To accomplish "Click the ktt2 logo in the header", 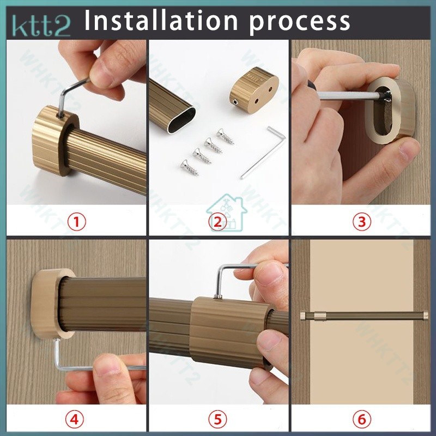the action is (41, 26).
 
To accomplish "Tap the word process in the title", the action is (299, 23).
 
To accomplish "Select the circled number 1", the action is (77, 222).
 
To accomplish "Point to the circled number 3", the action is (362, 222).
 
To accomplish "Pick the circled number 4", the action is (74, 419).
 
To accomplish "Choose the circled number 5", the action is (217, 419).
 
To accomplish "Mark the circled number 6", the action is (361, 419).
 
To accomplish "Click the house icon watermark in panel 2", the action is (227, 213).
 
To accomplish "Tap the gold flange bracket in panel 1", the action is (55, 141).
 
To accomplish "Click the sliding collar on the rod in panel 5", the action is (231, 332).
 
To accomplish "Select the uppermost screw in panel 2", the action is (226, 137).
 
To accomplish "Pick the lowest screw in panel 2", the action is (190, 168).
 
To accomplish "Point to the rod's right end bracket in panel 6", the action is (425, 316).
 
